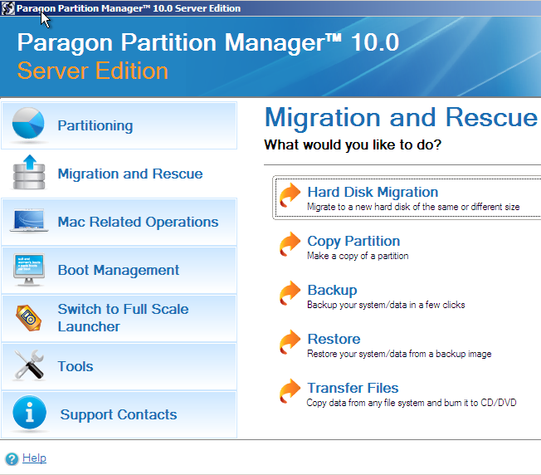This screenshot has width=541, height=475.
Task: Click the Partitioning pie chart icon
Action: click(28, 123)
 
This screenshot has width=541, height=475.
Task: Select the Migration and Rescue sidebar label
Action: click(130, 174)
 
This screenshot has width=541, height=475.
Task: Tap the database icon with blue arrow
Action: click(29, 172)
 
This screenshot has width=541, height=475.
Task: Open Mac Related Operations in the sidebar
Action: click(138, 223)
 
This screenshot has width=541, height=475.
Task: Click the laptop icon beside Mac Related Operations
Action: click(29, 220)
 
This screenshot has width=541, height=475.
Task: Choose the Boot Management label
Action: click(119, 270)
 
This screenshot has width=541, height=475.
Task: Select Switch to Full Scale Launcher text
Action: click(123, 318)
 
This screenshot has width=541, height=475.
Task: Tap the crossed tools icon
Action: click(29, 365)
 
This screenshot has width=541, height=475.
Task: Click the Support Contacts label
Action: click(119, 414)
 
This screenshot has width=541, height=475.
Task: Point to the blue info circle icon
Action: click(29, 412)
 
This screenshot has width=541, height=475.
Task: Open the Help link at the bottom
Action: click(34, 458)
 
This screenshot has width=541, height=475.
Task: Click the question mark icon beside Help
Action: click(12, 459)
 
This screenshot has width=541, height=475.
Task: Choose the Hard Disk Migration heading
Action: click(373, 192)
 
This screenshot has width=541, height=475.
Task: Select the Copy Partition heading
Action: click(353, 241)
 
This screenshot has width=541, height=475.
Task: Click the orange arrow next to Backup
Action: click(290, 293)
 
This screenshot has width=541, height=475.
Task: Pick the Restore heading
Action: click(334, 339)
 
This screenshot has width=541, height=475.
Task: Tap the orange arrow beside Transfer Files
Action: click(290, 391)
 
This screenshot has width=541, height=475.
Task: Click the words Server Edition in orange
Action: click(92, 71)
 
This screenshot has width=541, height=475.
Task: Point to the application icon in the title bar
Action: click(8, 8)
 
